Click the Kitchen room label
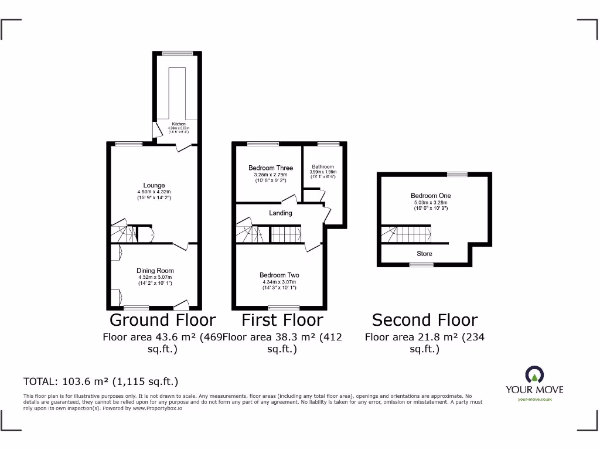[x=178, y=124]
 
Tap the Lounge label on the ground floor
[x=154, y=185]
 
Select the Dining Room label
[x=155, y=270]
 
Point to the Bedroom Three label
[x=271, y=168]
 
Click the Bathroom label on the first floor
[x=322, y=166]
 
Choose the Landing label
[x=280, y=213]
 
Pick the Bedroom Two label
[x=279, y=275]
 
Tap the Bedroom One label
[x=431, y=196]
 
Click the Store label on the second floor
[x=424, y=254]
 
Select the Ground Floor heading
[x=162, y=320]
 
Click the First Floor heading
[x=282, y=320]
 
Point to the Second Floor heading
[x=425, y=320]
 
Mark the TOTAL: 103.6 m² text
[x=100, y=381]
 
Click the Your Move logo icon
[x=534, y=374]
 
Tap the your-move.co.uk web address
[x=534, y=400]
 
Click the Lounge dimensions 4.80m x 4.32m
[x=154, y=192]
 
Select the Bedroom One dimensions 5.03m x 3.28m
[x=431, y=203]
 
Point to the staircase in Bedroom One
[x=405, y=234]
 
